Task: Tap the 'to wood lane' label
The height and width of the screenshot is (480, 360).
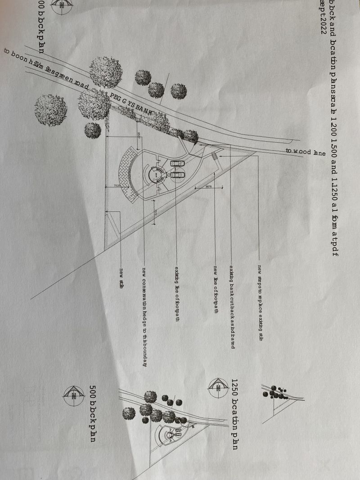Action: click(306, 152)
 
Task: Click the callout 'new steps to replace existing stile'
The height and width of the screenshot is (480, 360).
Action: click(260, 303)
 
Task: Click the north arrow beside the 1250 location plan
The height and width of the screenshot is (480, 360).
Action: click(217, 386)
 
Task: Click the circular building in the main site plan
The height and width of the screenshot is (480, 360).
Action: click(155, 174)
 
